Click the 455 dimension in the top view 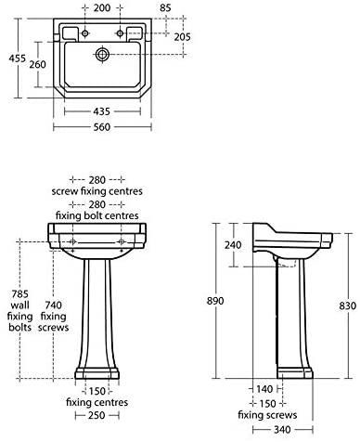pyautogui.click(x=18, y=58)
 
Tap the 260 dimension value pyautogui.click(x=38, y=64)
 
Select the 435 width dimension pyautogui.click(x=101, y=111)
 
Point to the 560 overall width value pyautogui.click(x=102, y=127)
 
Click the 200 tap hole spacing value pyautogui.click(x=102, y=8)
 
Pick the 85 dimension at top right pyautogui.click(x=165, y=8)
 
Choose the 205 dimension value pyautogui.click(x=182, y=37)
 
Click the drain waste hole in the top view pyautogui.click(x=102, y=55)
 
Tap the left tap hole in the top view pyautogui.click(x=85, y=33)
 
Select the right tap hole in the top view pyautogui.click(x=120, y=33)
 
